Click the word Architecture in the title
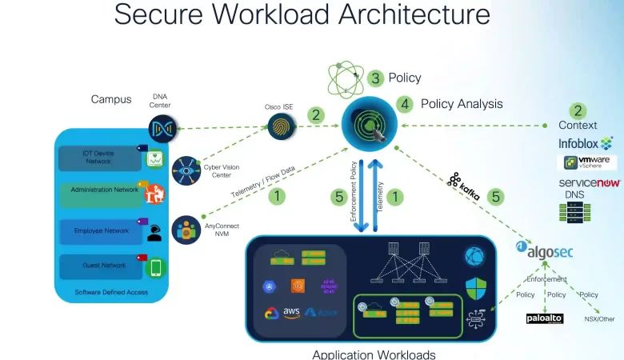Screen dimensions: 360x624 tap(414, 14)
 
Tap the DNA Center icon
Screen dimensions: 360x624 tap(162, 128)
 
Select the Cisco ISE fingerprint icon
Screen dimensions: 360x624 tap(281, 126)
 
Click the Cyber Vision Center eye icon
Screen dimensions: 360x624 tap(186, 170)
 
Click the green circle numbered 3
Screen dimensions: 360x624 tap(376, 78)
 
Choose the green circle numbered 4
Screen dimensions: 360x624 tap(405, 104)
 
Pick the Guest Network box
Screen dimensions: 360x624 tap(99, 266)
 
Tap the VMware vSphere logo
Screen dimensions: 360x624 tap(587, 162)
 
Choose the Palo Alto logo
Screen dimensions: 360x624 tap(545, 318)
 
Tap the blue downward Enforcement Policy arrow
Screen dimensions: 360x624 tap(362, 197)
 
